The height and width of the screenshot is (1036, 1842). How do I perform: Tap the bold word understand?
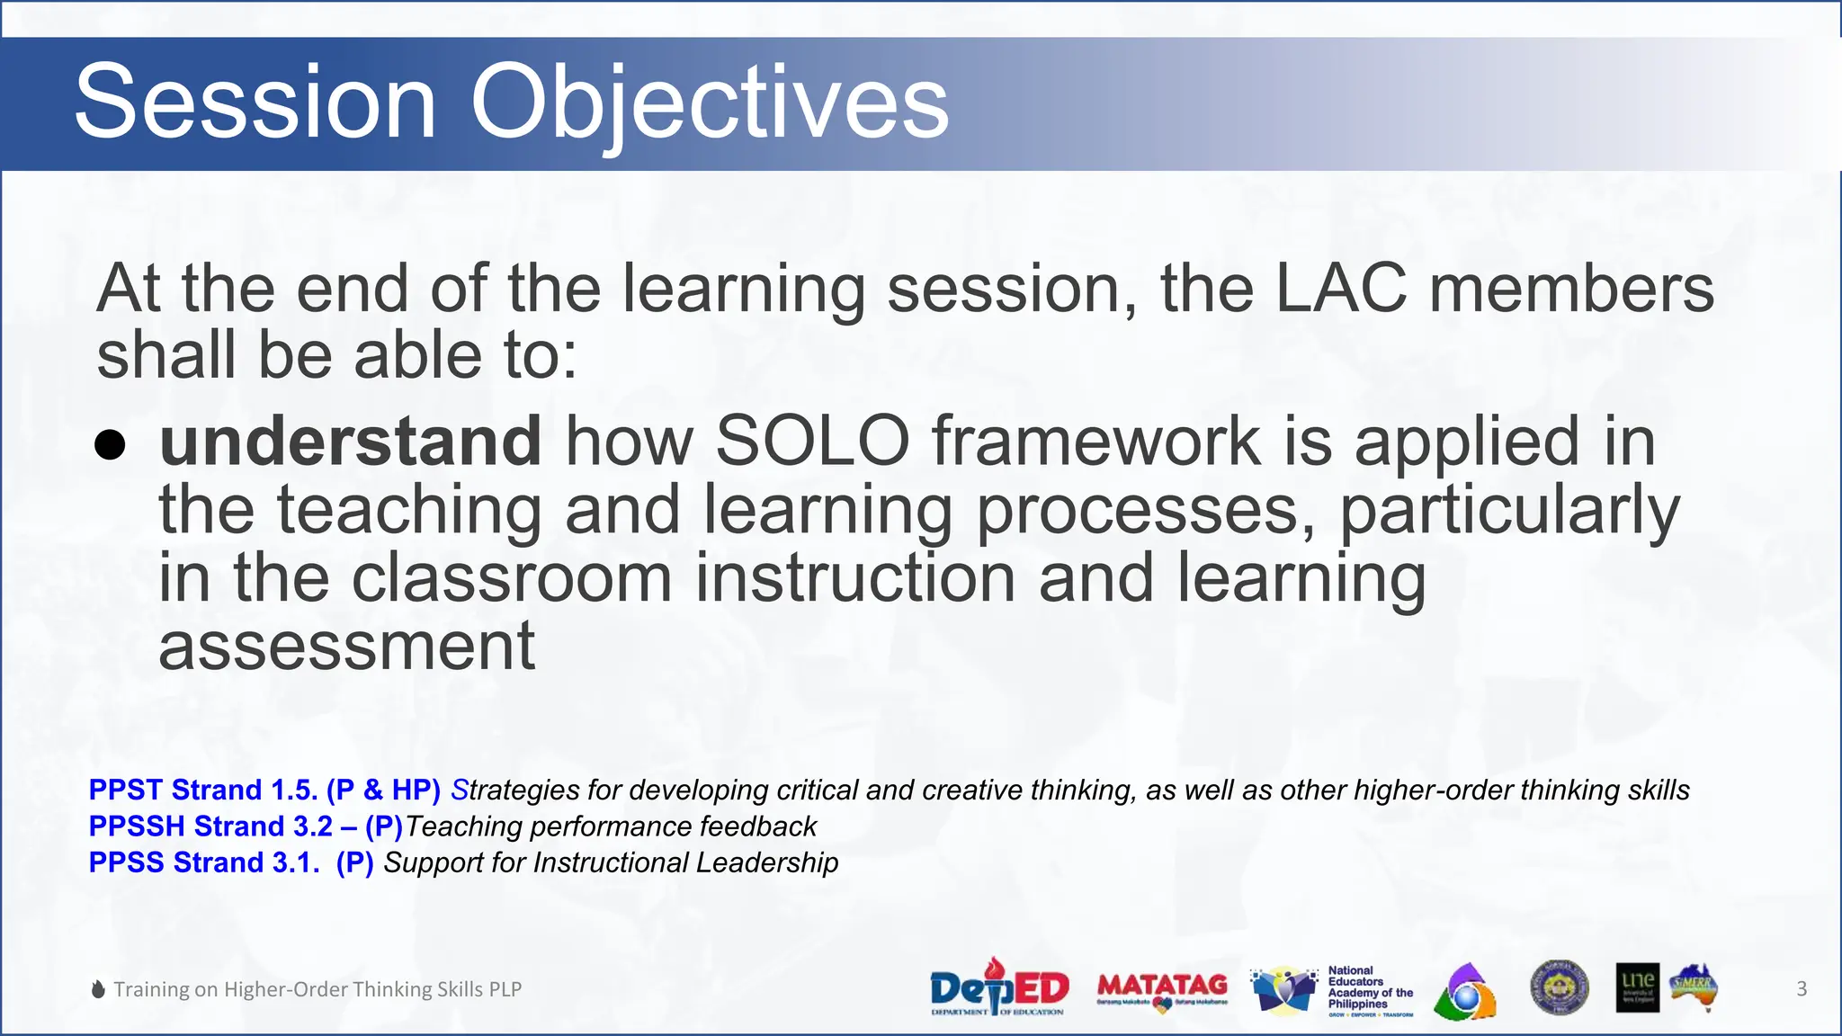click(350, 442)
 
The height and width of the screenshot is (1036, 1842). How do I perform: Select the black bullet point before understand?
click(110, 444)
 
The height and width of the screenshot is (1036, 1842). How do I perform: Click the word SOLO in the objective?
click(812, 442)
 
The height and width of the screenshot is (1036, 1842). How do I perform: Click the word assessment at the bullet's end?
click(346, 647)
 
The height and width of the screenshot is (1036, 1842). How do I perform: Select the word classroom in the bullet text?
click(511, 578)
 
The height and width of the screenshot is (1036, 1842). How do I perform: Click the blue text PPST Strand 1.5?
click(202, 790)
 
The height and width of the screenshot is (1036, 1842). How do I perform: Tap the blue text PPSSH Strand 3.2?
click(210, 826)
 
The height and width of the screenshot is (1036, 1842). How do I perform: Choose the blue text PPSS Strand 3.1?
click(203, 862)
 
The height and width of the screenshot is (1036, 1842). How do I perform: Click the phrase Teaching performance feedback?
click(611, 826)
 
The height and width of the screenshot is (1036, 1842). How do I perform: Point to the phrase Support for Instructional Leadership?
click(611, 862)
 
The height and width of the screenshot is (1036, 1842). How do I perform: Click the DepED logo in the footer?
click(998, 987)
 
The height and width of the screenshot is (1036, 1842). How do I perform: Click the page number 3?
click(1802, 989)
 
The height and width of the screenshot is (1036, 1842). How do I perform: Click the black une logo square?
click(1637, 987)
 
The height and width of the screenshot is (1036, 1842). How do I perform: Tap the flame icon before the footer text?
click(99, 989)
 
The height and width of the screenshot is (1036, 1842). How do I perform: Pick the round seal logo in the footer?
click(1560, 987)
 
